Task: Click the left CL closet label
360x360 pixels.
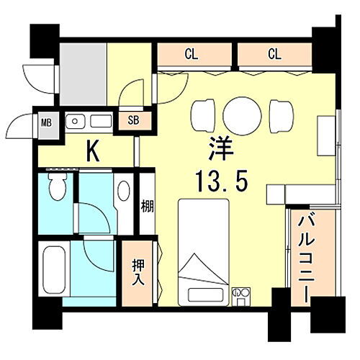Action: coord(191,53)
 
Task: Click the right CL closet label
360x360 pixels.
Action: coord(274,53)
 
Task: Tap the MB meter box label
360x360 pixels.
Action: coord(45,123)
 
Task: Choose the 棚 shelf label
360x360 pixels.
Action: coord(146,206)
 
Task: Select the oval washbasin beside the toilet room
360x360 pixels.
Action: coord(124,192)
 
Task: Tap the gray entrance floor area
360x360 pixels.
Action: coord(83,74)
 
